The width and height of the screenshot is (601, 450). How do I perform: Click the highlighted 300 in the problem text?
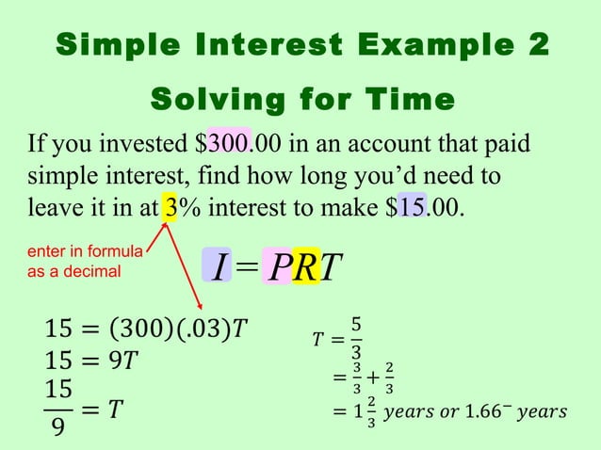pos(229,145)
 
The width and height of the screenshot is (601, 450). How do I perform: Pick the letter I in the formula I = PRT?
pos(218,267)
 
